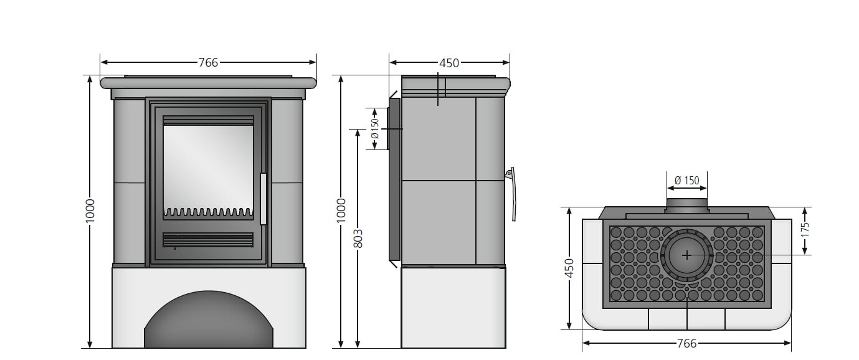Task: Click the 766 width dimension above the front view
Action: tap(208, 62)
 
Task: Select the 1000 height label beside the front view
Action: tap(90, 212)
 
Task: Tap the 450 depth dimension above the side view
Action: tap(449, 62)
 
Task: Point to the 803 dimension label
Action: tap(358, 238)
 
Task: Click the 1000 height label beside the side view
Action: tap(341, 212)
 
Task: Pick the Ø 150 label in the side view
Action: tap(375, 129)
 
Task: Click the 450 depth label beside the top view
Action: tap(569, 268)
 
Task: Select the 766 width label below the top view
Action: tap(686, 343)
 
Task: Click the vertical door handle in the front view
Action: tap(263, 199)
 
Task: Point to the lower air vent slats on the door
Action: tap(208, 240)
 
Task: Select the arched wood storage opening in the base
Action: tap(209, 324)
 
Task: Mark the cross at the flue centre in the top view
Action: tap(686, 255)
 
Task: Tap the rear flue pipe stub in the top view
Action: tap(686, 206)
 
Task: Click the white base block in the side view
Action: tap(453, 307)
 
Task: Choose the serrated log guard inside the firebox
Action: tap(208, 212)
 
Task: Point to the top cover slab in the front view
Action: tap(208, 82)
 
